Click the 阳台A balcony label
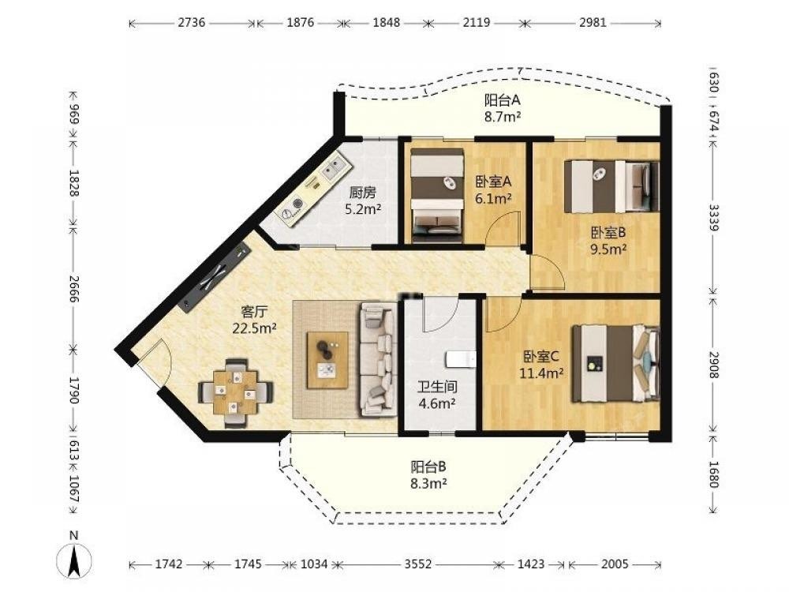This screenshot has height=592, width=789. [502, 100]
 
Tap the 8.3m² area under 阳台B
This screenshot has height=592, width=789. [428, 484]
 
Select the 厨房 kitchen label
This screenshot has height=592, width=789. [362, 193]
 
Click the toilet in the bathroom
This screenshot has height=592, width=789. [461, 359]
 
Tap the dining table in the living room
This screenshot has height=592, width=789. [235, 392]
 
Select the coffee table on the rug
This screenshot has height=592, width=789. [327, 359]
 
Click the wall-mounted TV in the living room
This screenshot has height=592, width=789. [215, 276]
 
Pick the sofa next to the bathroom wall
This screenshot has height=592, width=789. [379, 358]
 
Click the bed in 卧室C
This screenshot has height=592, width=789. [615, 363]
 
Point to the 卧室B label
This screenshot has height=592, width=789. [608, 233]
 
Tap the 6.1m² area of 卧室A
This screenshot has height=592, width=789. [493, 199]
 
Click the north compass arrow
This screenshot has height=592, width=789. [73, 560]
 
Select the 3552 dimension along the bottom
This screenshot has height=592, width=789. [418, 564]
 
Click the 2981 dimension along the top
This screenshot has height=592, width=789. [593, 23]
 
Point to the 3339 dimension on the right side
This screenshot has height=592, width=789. [713, 217]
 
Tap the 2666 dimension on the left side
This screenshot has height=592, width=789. [74, 288]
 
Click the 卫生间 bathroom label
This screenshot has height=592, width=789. [438, 387]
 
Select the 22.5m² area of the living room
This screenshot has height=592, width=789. [254, 328]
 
